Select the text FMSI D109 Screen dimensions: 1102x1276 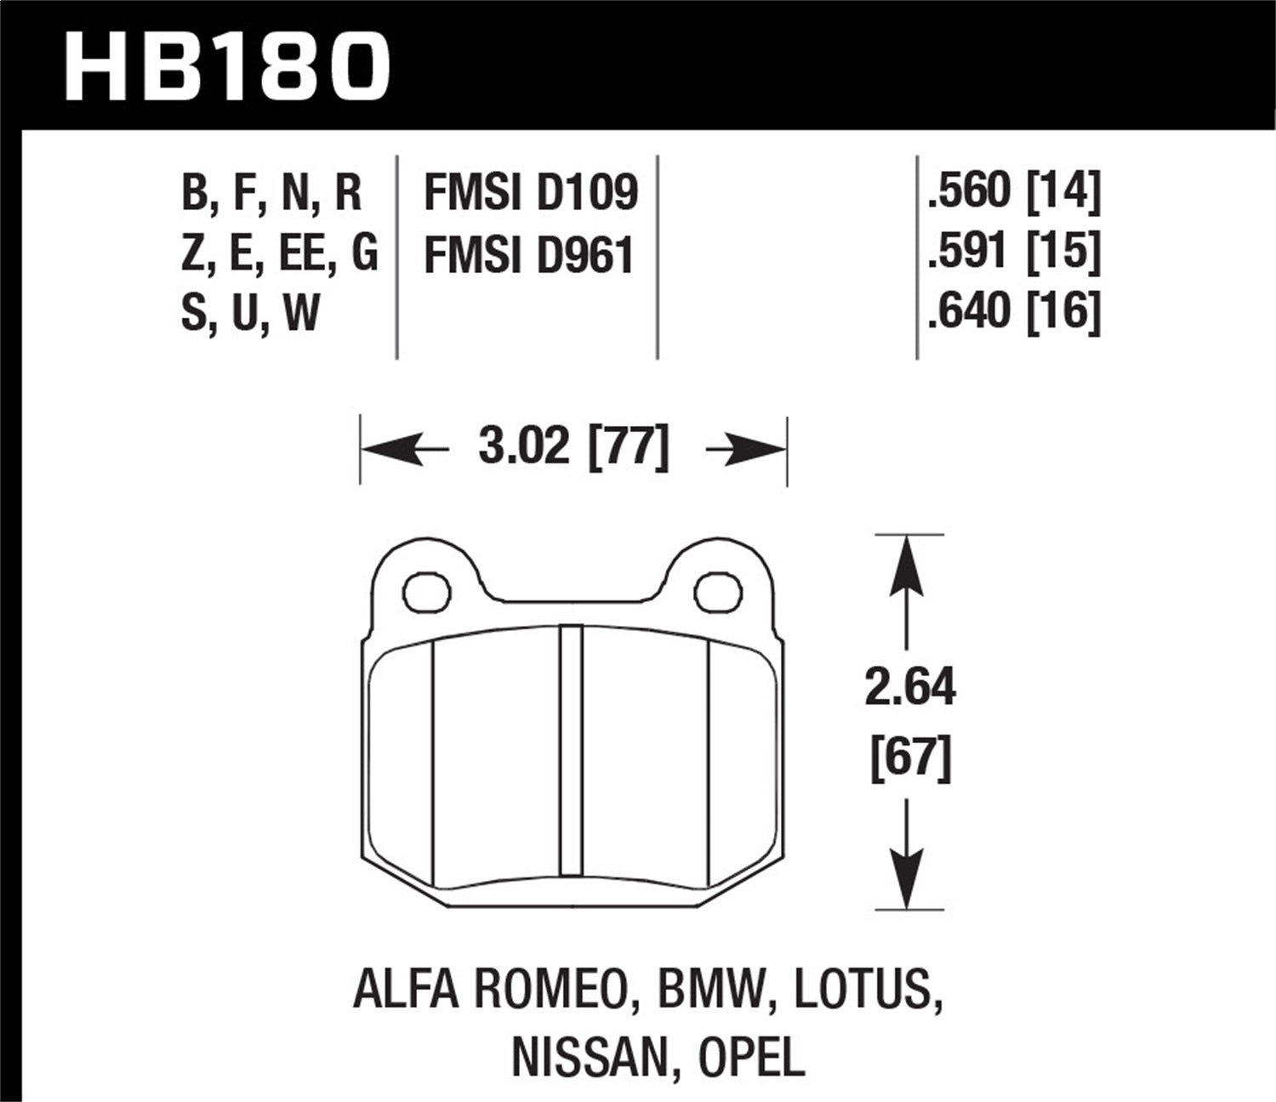530,193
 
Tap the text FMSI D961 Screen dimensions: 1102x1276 528,255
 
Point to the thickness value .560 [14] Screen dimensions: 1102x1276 1014,190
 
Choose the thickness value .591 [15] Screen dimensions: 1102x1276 1014,251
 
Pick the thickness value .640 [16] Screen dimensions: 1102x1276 1014,310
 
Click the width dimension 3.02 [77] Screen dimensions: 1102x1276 573,447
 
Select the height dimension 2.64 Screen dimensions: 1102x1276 909,688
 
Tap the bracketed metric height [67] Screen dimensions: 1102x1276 909,757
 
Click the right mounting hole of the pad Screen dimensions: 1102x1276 719,593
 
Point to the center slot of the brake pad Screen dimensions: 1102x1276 572,750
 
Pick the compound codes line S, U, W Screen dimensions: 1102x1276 250,312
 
